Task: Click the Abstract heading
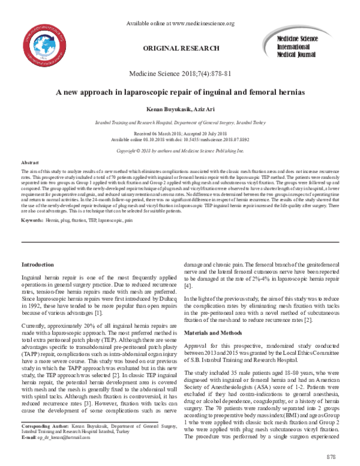coord(30,163)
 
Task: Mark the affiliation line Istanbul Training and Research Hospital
coord(179,121)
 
